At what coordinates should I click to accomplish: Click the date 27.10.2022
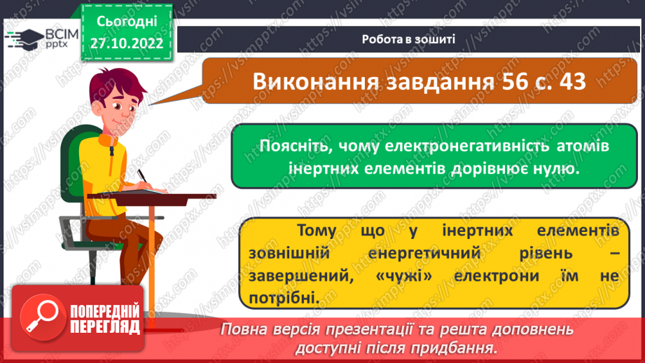tap(126, 42)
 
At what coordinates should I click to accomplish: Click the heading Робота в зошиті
tap(408, 39)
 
